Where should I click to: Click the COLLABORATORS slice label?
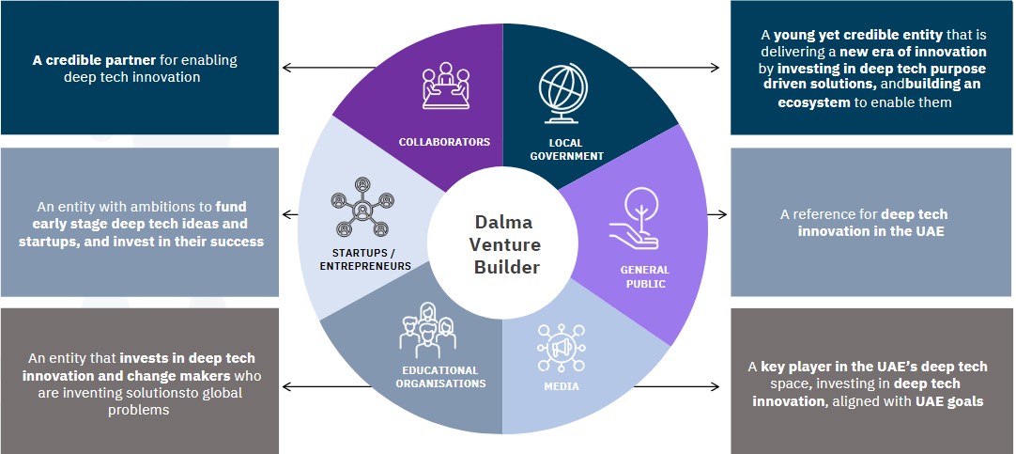pyautogui.click(x=444, y=142)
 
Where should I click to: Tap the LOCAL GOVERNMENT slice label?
pyautogui.click(x=566, y=149)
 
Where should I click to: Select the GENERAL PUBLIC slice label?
pyautogui.click(x=644, y=276)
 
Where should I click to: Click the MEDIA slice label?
pyautogui.click(x=561, y=386)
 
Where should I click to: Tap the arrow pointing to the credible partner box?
pyautogui.click(x=305, y=68)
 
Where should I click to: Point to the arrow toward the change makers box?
pyautogui.click(x=305, y=385)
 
